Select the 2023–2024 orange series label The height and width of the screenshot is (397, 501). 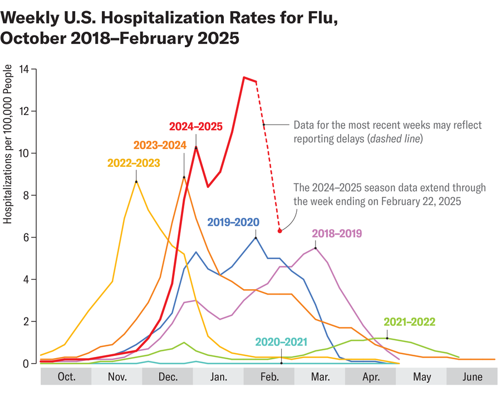(x=159, y=145)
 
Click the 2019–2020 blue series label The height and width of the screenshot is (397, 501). (x=233, y=222)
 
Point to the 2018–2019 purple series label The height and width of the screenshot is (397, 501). (x=337, y=233)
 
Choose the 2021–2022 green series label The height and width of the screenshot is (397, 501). (x=409, y=322)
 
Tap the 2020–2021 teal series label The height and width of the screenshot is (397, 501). (x=281, y=341)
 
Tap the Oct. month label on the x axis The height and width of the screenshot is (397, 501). (x=66, y=377)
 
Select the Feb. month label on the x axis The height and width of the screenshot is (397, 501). (x=269, y=377)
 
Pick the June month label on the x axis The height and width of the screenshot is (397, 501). (x=472, y=377)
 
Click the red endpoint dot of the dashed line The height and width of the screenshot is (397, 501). (x=280, y=230)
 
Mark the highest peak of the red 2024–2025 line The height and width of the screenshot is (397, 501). (x=244, y=77)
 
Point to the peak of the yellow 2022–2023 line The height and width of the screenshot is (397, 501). (x=136, y=181)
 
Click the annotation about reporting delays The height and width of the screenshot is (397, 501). (x=387, y=132)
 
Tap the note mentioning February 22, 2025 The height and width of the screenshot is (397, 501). (x=390, y=195)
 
